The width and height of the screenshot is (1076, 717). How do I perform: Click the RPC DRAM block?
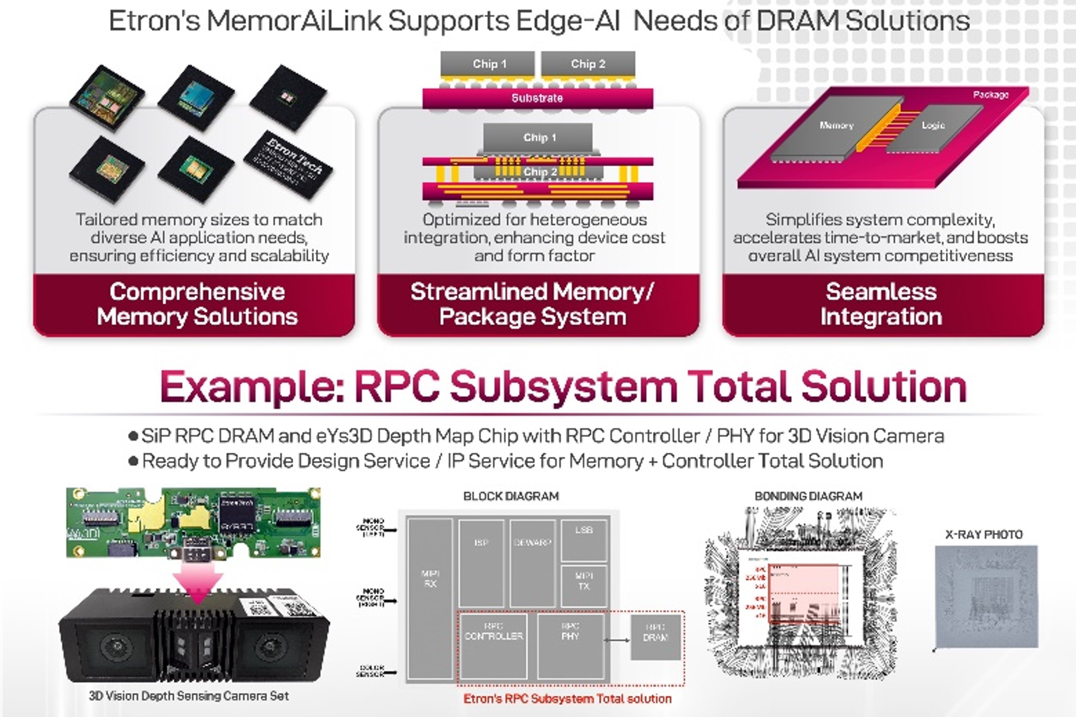(x=655, y=638)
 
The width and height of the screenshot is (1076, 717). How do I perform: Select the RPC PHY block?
(x=570, y=646)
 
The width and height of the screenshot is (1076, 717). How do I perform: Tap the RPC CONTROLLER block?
(x=493, y=646)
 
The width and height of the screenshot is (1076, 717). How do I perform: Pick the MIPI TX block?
(x=584, y=586)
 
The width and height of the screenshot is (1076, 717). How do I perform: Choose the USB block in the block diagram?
(x=584, y=540)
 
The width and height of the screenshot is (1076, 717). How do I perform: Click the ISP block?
(x=481, y=563)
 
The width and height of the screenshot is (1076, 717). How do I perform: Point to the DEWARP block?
(x=532, y=563)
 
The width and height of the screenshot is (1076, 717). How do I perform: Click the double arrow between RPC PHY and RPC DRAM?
(x=617, y=640)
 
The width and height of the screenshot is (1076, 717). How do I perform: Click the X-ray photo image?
(x=986, y=596)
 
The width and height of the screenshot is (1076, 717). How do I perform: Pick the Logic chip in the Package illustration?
(x=932, y=128)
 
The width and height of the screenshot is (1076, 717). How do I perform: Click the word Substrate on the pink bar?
(x=537, y=98)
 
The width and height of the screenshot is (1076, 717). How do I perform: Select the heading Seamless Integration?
(x=881, y=304)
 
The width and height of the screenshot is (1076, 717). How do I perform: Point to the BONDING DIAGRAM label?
(x=808, y=496)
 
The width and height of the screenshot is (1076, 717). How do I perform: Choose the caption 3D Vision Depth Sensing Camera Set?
(x=189, y=696)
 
